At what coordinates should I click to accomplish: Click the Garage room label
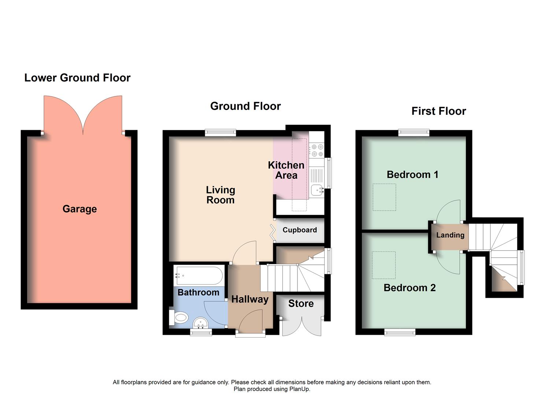pos(79,209)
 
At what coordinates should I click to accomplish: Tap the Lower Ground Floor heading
pos(77,78)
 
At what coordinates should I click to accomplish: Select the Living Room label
pos(220,195)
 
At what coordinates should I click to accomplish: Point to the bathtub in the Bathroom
pos(199,275)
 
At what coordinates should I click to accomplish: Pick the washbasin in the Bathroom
pos(200,323)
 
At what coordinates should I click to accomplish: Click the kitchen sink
pos(317,190)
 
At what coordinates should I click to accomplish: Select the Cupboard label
pos(299,230)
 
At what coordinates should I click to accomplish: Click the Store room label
pos(301,304)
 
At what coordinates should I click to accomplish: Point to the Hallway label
pos(250,299)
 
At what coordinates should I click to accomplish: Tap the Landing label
pos(450,235)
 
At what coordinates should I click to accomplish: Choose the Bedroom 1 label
pos(412,175)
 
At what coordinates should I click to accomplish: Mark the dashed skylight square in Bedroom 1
pos(384,197)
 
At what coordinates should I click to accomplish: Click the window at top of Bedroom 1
pos(414,133)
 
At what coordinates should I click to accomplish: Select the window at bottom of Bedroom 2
pos(400,332)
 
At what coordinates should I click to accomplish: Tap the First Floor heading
pos(438,111)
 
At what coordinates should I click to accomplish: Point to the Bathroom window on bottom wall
pos(201,332)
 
